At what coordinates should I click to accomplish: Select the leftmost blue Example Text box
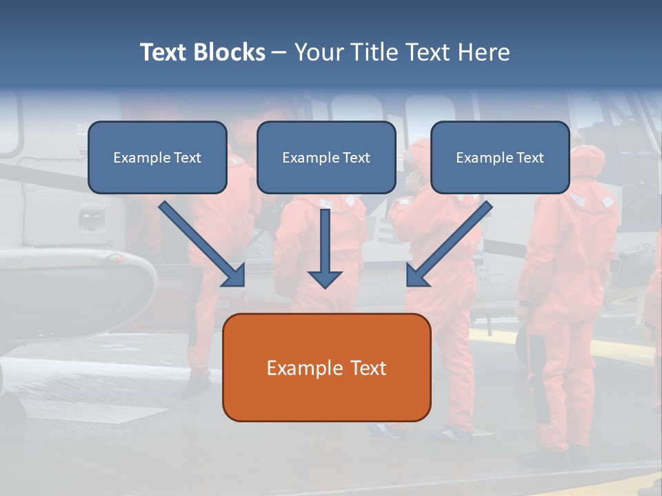point(157,157)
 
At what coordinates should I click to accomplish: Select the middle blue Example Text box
point(326,157)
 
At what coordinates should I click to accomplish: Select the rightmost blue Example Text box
point(500,157)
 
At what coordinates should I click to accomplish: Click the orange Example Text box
point(327,367)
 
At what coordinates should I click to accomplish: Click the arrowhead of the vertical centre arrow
point(325,278)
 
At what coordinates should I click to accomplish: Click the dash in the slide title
point(279,52)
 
